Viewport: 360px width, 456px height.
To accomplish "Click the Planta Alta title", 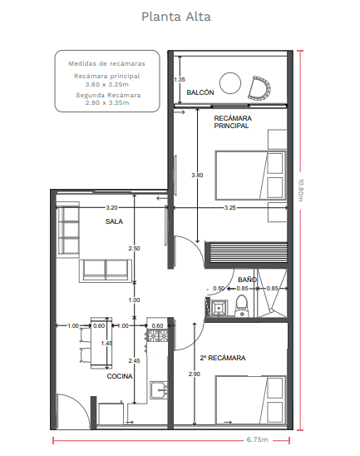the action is (176, 17).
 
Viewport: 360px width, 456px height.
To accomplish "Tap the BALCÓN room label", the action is (200, 92).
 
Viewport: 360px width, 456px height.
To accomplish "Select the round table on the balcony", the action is (230, 83).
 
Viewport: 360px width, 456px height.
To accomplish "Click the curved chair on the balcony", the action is (259, 88).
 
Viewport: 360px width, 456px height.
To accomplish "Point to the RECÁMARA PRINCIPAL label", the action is (233, 122).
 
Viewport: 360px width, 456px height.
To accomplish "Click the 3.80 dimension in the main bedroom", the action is (197, 175).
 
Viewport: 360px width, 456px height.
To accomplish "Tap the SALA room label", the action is (114, 221).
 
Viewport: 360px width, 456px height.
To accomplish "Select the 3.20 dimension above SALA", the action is (111, 208).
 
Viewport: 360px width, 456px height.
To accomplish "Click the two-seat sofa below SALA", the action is (106, 270).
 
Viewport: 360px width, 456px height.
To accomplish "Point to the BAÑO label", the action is (247, 280).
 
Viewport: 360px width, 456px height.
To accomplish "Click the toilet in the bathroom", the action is (241, 306).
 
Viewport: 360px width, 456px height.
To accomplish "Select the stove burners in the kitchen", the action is (157, 335).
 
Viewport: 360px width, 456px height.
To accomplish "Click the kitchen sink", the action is (159, 390).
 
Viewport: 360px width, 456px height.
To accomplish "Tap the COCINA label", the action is (120, 376).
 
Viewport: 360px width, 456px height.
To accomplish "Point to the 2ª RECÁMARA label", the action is (223, 358).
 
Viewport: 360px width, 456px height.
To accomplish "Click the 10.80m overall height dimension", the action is (300, 191).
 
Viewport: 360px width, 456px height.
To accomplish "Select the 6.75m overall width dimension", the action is (257, 439).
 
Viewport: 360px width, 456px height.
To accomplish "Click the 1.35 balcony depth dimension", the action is (180, 79).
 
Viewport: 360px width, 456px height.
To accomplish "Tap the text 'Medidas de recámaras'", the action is (106, 63).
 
